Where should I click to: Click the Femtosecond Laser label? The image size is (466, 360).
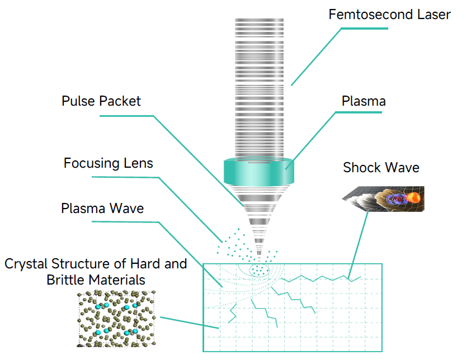coord(389,15)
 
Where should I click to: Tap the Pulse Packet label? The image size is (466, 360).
coord(101,101)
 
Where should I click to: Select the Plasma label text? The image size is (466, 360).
coord(364,101)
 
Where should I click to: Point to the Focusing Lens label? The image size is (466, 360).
coord(108,163)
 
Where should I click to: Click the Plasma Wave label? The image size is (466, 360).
coord(102,208)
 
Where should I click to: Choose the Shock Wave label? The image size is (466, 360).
coord(381,168)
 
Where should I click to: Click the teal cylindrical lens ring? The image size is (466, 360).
coord(259,172)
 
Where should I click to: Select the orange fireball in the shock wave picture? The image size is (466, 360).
coord(413,197)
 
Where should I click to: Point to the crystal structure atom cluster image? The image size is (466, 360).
coord(116,319)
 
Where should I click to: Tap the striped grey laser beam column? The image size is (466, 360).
coord(259,89)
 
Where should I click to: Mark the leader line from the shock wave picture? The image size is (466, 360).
coord(358,244)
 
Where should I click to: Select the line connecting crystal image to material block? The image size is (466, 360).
coord(190,323)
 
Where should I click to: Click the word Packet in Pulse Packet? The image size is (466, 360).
coord(121,101)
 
